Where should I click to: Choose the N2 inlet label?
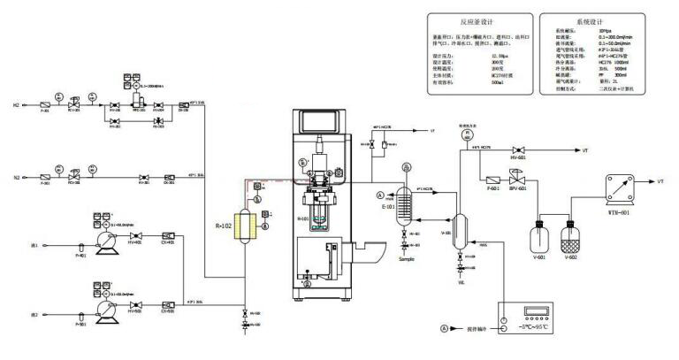click(x=17, y=177)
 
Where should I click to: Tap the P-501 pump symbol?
click(x=103, y=306)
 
